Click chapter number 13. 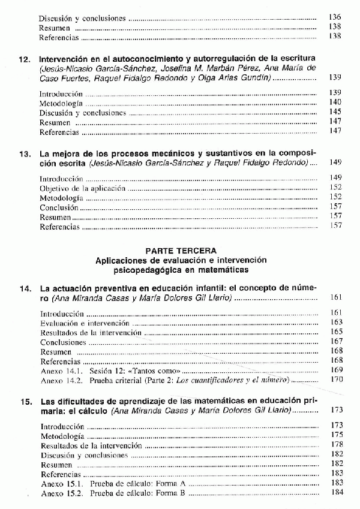25,153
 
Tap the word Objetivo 55,188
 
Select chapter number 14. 25,289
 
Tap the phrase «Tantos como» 146,370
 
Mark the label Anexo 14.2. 61,380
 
